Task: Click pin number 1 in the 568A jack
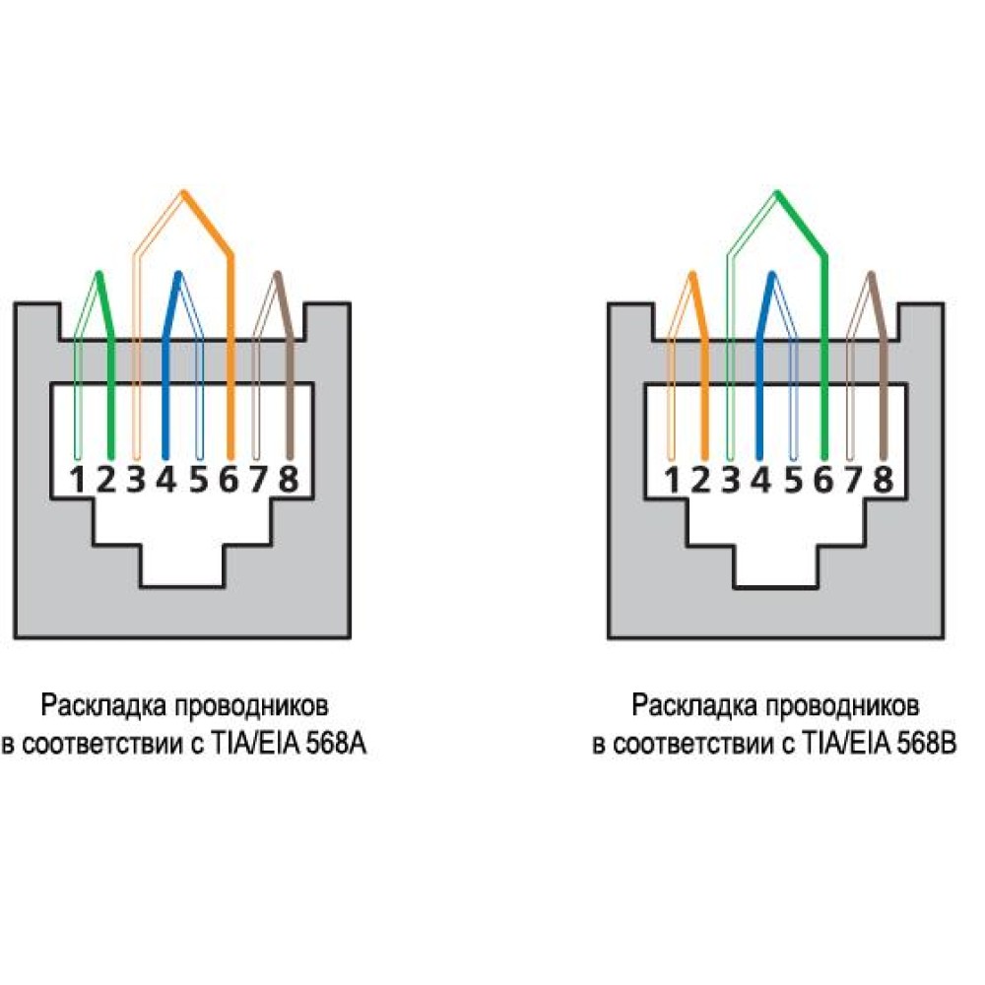(x=77, y=480)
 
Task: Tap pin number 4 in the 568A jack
(x=166, y=480)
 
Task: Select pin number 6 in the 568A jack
(x=229, y=480)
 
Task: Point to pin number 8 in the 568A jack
(x=288, y=480)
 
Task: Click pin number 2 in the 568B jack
(x=700, y=480)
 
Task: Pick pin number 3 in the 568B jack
(x=731, y=480)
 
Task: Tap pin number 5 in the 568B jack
(x=793, y=480)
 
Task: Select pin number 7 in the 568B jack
(x=853, y=480)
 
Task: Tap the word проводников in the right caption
(x=842, y=706)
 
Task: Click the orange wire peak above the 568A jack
(x=183, y=192)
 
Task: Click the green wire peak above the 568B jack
(x=777, y=192)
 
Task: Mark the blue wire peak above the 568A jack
(x=178, y=275)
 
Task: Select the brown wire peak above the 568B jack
(x=871, y=275)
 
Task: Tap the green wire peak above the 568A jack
(x=98, y=275)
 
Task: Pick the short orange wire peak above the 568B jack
(x=692, y=275)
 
